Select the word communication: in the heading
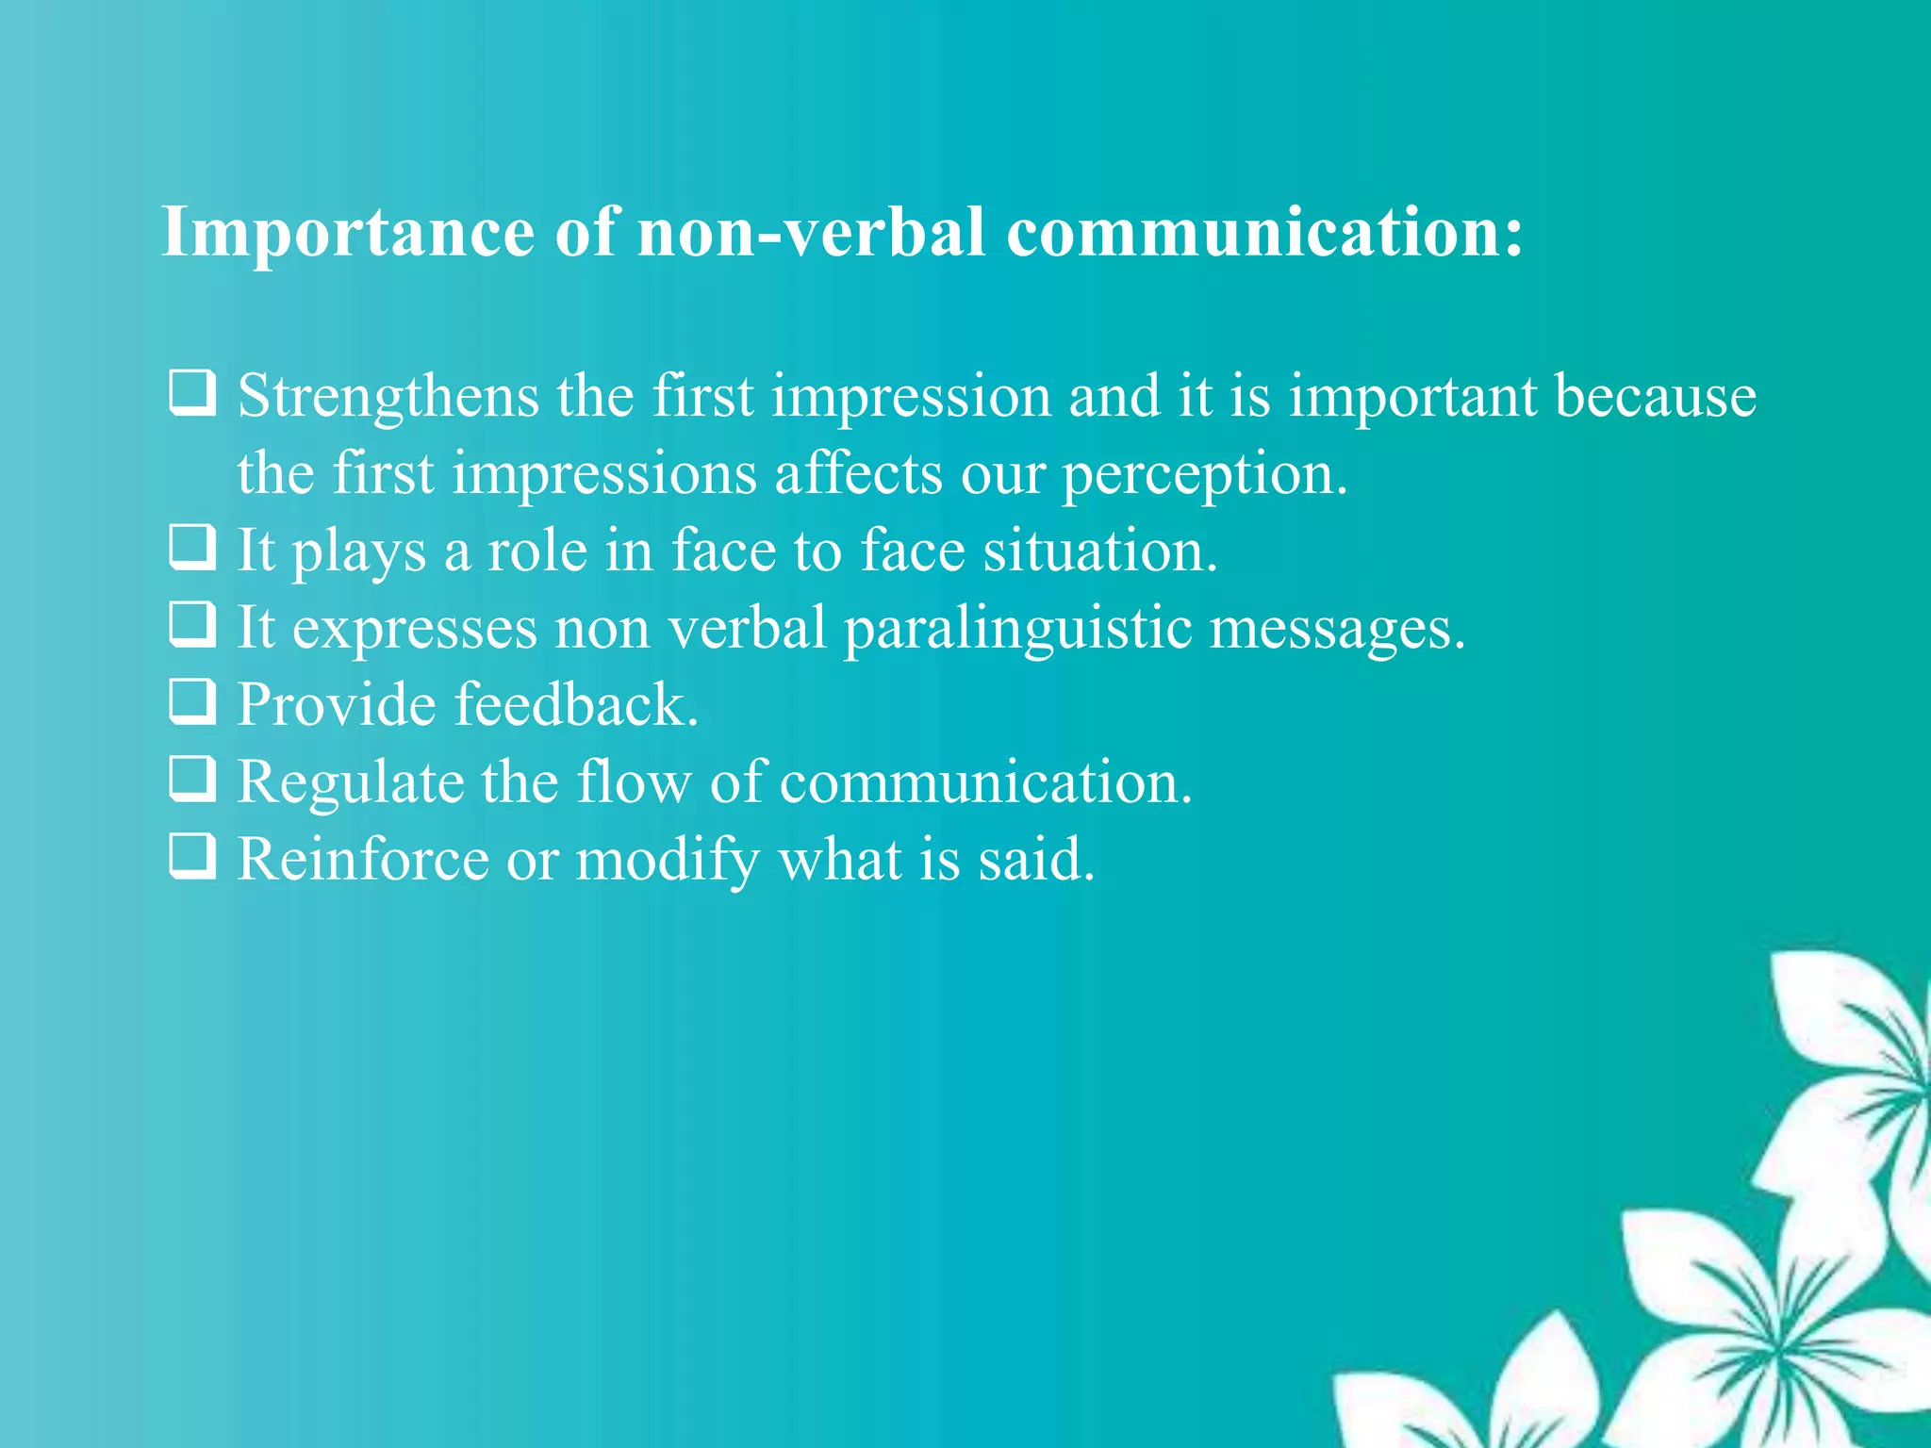(x=1264, y=231)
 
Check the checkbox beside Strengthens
(x=192, y=393)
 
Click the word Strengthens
(x=388, y=397)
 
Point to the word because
(x=1655, y=395)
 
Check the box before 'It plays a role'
(x=192, y=548)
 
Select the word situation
(x=1100, y=551)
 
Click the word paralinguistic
(x=1017, y=629)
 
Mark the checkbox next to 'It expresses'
(x=192, y=625)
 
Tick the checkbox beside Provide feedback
(x=192, y=702)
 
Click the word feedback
(x=576, y=704)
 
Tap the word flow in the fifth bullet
(x=634, y=782)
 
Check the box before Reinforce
(x=192, y=857)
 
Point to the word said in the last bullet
(x=1036, y=859)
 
